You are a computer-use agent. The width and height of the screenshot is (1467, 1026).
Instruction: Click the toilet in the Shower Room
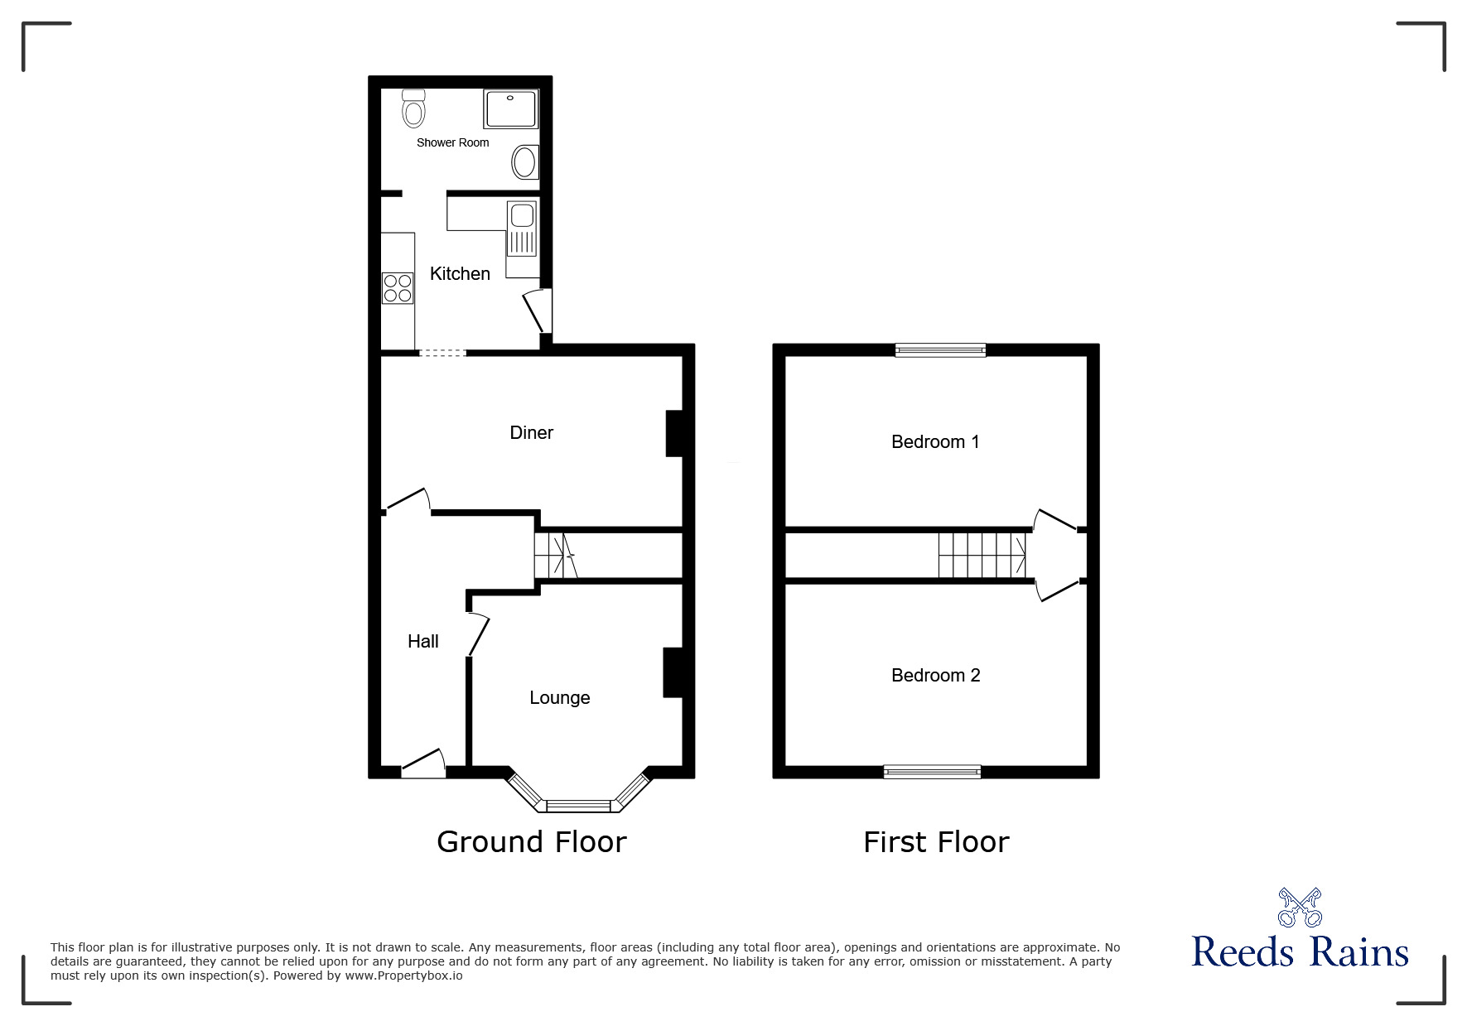(413, 108)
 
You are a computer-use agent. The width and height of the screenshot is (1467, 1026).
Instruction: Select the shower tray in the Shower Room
(511, 109)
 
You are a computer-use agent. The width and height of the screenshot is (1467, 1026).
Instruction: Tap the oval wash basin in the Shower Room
(524, 162)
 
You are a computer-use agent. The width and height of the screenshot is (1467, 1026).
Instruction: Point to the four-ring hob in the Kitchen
(398, 288)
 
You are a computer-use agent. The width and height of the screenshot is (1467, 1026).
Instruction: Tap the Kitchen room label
(460, 273)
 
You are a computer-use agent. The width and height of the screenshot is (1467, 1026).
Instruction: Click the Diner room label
(532, 432)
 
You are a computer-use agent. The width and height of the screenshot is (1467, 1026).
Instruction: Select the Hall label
(423, 641)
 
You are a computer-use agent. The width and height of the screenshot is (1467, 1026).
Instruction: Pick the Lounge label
(560, 698)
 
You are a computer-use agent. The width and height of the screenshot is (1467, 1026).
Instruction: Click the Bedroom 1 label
(935, 442)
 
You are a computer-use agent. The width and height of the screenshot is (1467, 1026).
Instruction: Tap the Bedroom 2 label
(935, 676)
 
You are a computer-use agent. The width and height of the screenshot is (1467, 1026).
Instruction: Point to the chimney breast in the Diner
(674, 433)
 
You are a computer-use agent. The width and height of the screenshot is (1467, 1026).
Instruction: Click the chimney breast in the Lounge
(672, 672)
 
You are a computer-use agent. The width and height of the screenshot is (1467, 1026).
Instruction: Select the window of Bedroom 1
(940, 350)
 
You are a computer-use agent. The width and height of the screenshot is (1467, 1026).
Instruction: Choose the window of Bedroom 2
(932, 772)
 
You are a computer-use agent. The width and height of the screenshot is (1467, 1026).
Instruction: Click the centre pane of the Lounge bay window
(578, 805)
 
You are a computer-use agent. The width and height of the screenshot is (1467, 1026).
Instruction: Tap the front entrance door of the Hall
(423, 764)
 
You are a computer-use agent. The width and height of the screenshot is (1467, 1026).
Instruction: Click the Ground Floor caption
(532, 842)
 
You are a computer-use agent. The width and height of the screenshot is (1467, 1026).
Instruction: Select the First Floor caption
(936, 842)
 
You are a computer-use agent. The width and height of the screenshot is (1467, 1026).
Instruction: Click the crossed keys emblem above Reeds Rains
(1300, 908)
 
